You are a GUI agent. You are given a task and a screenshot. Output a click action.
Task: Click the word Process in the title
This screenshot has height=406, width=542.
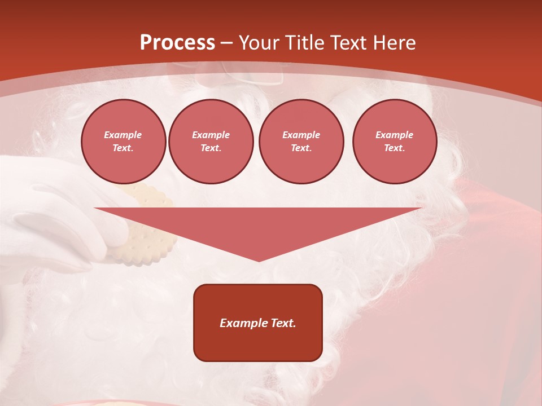[x=177, y=43]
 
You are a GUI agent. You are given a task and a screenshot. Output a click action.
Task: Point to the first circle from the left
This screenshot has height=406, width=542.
[x=123, y=142]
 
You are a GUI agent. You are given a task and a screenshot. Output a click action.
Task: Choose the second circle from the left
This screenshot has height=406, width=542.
[x=211, y=142]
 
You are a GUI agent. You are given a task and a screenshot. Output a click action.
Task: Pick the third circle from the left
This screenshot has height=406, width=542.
[x=301, y=142]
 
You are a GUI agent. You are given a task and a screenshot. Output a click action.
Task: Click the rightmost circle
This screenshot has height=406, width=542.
[x=394, y=142]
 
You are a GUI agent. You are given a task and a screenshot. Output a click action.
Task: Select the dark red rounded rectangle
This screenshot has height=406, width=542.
[x=258, y=344]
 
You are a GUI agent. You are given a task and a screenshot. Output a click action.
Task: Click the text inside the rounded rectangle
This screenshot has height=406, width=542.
[x=258, y=323]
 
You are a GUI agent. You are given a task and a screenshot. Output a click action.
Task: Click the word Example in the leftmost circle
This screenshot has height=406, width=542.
[x=123, y=135]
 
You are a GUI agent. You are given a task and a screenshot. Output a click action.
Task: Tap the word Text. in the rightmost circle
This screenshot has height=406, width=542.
[x=394, y=148]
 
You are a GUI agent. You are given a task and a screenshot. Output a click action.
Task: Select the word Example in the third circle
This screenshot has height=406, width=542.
[x=301, y=135]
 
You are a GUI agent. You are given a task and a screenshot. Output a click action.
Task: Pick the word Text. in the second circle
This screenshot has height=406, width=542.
[x=211, y=148]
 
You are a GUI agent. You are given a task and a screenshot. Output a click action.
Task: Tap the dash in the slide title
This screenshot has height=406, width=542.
[x=226, y=43]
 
